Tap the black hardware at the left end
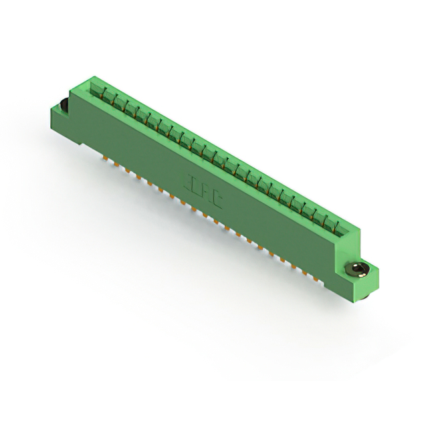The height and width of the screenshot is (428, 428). (x=61, y=106)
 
